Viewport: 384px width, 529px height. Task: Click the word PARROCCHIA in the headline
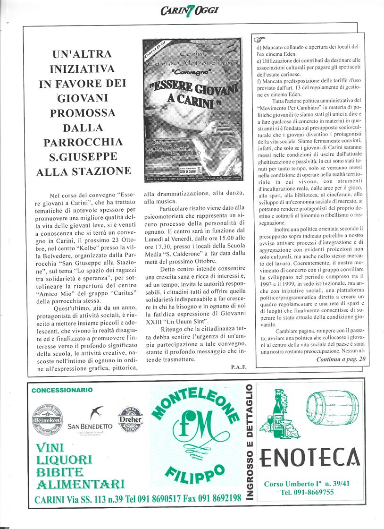(x=83, y=142)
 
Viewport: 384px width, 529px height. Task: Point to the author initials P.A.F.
(x=239, y=367)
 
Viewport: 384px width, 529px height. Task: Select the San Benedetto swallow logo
(x=98, y=412)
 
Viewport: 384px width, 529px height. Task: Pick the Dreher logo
(x=131, y=419)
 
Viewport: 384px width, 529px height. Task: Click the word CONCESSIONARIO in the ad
(x=62, y=390)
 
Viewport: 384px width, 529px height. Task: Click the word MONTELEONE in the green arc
(x=195, y=404)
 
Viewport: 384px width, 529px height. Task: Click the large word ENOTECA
(x=309, y=457)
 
